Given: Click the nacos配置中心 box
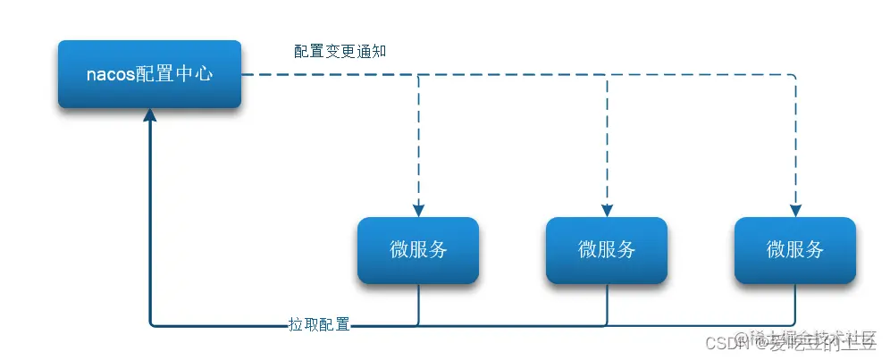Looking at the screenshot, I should pyautogui.click(x=149, y=74).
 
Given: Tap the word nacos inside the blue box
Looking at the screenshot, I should pyautogui.click(x=110, y=75).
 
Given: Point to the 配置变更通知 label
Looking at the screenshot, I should pyautogui.click(x=340, y=51).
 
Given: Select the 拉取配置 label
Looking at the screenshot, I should pyautogui.click(x=319, y=323).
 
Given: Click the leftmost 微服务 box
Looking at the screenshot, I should pyautogui.click(x=418, y=250).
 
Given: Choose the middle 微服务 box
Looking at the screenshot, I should pyautogui.click(x=607, y=250).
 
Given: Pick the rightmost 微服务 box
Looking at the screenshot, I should pyautogui.click(x=795, y=250).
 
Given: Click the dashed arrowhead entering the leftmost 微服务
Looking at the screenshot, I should pyautogui.click(x=418, y=210).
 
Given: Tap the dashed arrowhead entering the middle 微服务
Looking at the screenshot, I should pyautogui.click(x=607, y=210).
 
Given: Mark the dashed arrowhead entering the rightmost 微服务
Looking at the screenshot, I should pyautogui.click(x=795, y=210).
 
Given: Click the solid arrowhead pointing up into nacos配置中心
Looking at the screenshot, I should pyautogui.click(x=150, y=115).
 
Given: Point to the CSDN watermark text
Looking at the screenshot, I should pyautogui.click(x=719, y=342).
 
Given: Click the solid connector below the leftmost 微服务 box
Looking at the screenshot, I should pyautogui.click(x=418, y=304).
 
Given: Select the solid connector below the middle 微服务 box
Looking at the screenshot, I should pyautogui.click(x=607, y=304).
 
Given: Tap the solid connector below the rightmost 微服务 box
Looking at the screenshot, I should pyautogui.click(x=795, y=304).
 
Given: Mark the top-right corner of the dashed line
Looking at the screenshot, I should pyautogui.click(x=795, y=75).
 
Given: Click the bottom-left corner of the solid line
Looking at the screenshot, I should pyautogui.click(x=151, y=323).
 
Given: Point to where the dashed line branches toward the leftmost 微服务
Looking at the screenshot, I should pyautogui.click(x=418, y=75).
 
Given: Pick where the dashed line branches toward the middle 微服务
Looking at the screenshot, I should pyautogui.click(x=607, y=75).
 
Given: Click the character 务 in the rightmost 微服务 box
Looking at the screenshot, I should pyautogui.click(x=814, y=250).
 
